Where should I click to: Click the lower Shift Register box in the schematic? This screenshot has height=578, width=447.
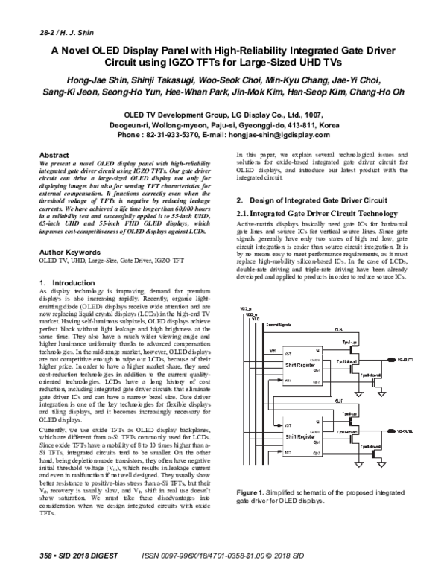(x=297, y=431)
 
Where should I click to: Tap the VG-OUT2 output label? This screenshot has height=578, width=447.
(x=407, y=430)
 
